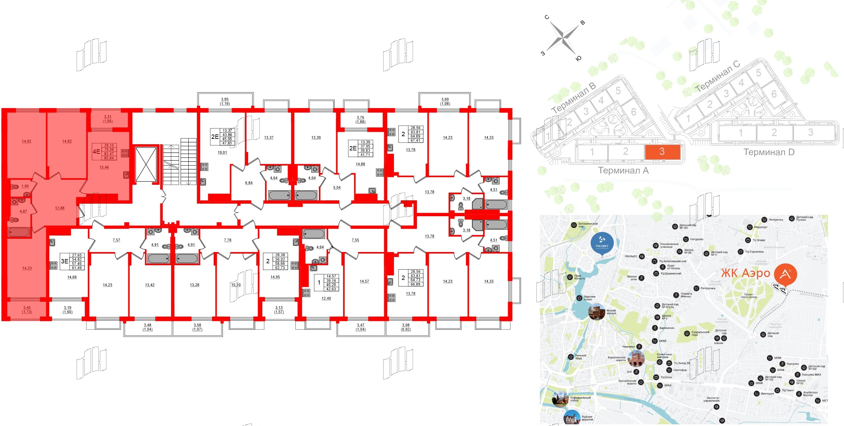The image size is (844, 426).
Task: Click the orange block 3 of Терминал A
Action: (662, 152)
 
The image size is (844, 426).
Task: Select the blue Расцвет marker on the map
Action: (602, 244)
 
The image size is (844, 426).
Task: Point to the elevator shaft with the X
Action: (146, 164)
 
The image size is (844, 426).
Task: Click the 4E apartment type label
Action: (96, 152)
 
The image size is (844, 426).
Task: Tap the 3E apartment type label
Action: (64, 261)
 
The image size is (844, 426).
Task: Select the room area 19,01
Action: (222, 153)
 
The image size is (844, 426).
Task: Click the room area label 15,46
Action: (104, 167)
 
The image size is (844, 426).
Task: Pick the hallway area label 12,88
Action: (60, 208)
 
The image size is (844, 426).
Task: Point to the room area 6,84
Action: (249, 183)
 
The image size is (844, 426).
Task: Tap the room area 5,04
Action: (337, 187)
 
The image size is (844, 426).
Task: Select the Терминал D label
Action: (769, 152)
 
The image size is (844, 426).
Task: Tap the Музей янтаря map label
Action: (611, 312)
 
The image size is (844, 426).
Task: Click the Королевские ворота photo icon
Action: (636, 358)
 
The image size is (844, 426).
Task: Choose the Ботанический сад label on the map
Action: (588, 225)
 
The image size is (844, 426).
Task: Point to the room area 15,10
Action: (236, 285)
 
